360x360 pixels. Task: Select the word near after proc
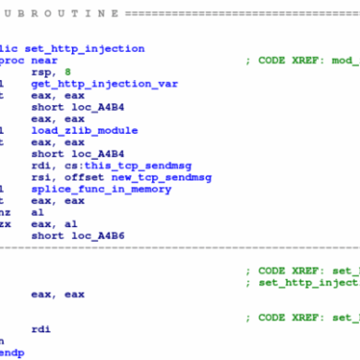(43, 60)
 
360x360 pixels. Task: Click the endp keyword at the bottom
(9, 354)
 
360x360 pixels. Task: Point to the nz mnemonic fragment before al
(5, 212)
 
